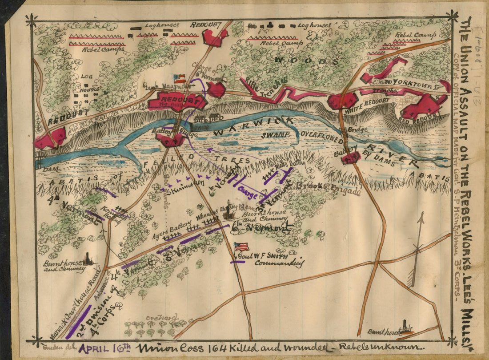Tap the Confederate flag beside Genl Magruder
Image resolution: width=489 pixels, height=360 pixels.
(179, 79)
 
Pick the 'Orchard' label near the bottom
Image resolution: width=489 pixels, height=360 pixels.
(162, 318)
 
